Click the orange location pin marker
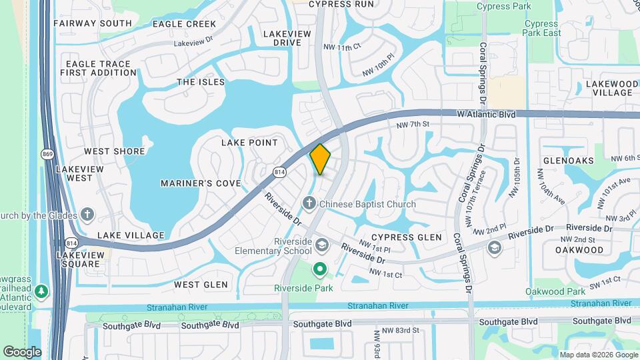point(320,159)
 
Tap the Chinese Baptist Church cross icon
point(309,202)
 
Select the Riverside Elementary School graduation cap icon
point(322,245)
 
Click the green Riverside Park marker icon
point(319,269)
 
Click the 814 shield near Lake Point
point(279,172)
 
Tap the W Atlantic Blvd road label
point(487,115)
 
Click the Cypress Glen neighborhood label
point(407,237)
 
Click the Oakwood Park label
point(555,291)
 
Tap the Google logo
point(22,351)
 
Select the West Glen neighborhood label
point(201,285)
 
